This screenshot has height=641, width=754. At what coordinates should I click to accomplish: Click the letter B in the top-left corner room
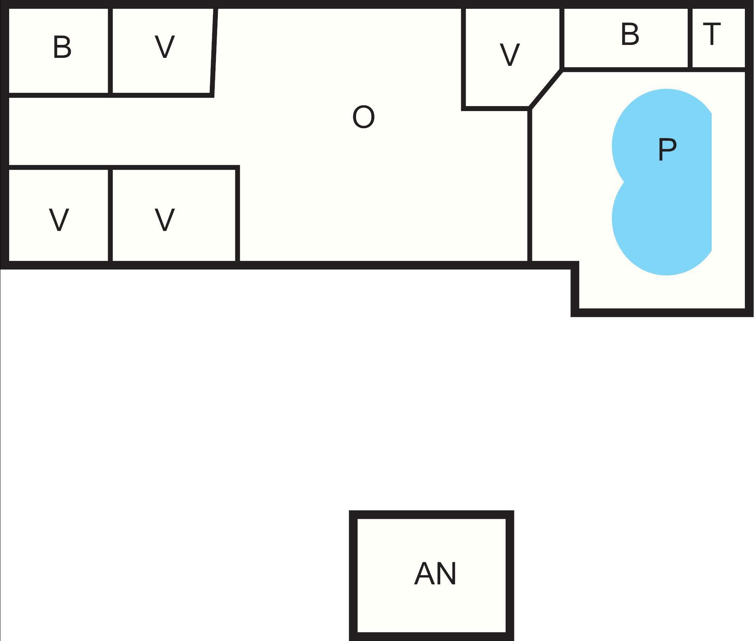[62, 48]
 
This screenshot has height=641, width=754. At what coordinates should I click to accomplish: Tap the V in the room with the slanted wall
[165, 47]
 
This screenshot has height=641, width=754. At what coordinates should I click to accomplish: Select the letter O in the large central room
[363, 117]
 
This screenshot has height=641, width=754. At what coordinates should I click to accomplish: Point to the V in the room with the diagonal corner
[510, 55]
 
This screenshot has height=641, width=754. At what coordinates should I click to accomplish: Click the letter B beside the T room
[630, 34]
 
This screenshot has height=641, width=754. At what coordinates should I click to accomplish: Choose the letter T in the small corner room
[711, 34]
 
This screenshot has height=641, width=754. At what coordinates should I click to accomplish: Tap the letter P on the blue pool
[667, 150]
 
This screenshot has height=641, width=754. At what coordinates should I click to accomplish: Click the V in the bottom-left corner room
[59, 220]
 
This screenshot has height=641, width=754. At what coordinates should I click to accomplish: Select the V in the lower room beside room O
[165, 220]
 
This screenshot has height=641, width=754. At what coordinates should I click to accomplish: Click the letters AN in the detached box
[435, 574]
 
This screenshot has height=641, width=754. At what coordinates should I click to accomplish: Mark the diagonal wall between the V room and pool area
[545, 89]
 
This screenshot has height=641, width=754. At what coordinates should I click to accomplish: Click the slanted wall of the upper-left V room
[214, 51]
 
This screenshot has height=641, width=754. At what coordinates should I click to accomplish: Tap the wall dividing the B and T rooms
[690, 38]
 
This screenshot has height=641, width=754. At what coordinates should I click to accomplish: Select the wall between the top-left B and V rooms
[110, 51]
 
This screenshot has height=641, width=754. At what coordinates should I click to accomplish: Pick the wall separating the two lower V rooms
[110, 215]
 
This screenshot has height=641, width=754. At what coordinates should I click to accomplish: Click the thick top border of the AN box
[431, 514]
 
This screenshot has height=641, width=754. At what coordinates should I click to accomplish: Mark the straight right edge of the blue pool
[711, 183]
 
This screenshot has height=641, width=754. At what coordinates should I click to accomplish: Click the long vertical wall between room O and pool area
[529, 186]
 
